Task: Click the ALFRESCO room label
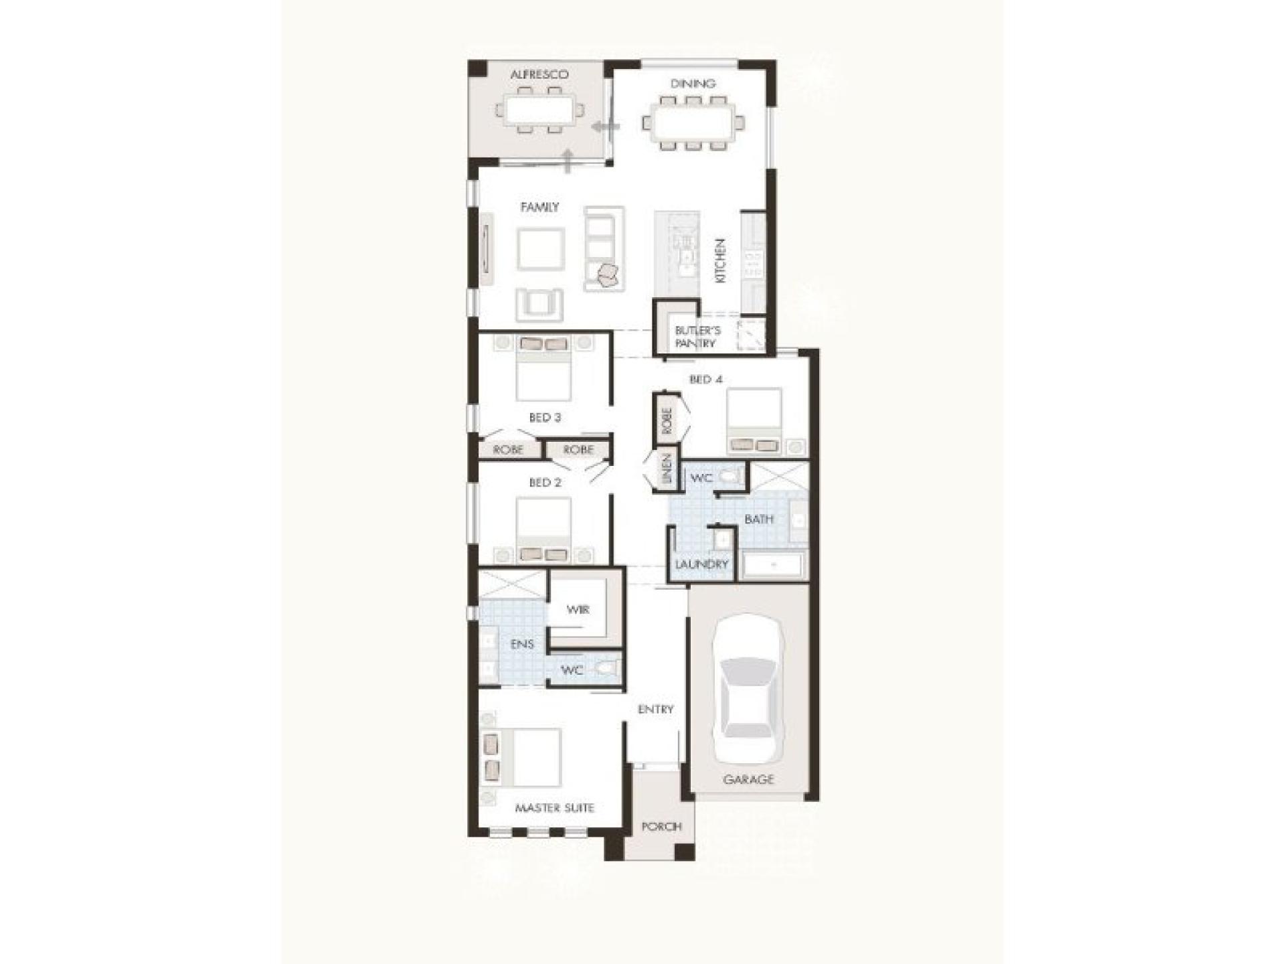click(539, 74)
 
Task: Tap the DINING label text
click(693, 84)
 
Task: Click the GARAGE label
click(748, 779)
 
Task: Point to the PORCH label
click(661, 827)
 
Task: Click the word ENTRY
click(655, 710)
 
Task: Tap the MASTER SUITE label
click(554, 808)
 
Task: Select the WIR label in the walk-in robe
click(578, 610)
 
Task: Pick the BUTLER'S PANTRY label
click(697, 337)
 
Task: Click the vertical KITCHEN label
click(720, 260)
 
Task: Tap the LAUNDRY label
click(701, 564)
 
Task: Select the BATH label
click(759, 519)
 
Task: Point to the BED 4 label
click(706, 380)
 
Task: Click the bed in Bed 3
click(543, 368)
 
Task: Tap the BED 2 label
click(545, 482)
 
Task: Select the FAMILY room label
click(539, 208)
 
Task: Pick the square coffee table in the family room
click(540, 249)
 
